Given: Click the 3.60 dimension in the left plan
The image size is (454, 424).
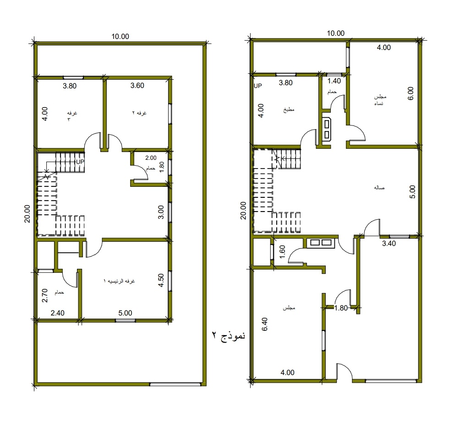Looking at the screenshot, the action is pyautogui.click(x=137, y=85).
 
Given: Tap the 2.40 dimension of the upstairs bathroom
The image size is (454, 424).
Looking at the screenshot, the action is pyautogui.click(x=57, y=313).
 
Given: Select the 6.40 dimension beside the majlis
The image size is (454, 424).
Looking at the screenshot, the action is pyautogui.click(x=264, y=324).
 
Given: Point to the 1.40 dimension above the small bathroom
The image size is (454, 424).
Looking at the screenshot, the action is pyautogui.click(x=334, y=81).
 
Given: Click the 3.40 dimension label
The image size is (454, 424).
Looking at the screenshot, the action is pyautogui.click(x=389, y=244).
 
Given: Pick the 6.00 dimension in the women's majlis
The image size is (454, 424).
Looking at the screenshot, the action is pyautogui.click(x=410, y=93).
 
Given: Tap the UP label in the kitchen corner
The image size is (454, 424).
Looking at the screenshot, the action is pyautogui.click(x=257, y=86).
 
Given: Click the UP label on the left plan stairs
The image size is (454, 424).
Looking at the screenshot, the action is pyautogui.click(x=80, y=162).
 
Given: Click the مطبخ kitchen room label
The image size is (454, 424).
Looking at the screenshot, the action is pyautogui.click(x=289, y=110).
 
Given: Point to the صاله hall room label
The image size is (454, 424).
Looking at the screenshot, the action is pyautogui.click(x=379, y=188).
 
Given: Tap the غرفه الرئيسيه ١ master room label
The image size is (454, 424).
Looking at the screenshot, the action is pyautogui.click(x=119, y=281).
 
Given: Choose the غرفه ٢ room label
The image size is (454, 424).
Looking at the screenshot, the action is pyautogui.click(x=139, y=113).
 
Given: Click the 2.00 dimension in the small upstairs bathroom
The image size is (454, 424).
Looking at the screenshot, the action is pyautogui.click(x=151, y=158).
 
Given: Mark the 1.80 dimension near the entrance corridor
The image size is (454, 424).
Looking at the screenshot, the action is pyautogui.click(x=341, y=308).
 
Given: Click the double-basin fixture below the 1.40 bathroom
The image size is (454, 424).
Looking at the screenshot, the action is pyautogui.click(x=327, y=129).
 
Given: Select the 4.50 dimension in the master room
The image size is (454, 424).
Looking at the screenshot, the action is pyautogui.click(x=161, y=280).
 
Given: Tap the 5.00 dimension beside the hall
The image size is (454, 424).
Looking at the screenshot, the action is pyautogui.click(x=412, y=192).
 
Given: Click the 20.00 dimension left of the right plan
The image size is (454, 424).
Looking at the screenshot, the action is pyautogui.click(x=243, y=211).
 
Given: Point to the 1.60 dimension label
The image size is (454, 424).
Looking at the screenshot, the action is pyautogui.click(x=282, y=251).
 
